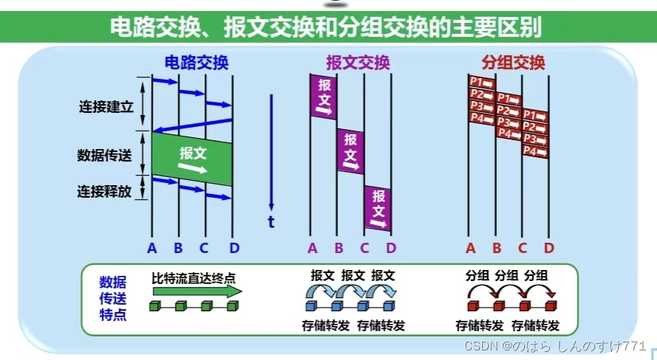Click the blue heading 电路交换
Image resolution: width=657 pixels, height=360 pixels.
[196, 63]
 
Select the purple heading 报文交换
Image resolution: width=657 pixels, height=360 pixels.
[357, 63]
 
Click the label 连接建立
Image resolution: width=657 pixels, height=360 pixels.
[106, 105]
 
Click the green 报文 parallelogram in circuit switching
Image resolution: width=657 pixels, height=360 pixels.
[193, 158]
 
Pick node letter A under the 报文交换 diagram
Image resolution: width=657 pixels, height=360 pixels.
[312, 247]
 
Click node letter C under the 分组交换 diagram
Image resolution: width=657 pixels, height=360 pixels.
[522, 247]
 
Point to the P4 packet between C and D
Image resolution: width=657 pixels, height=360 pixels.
[535, 150]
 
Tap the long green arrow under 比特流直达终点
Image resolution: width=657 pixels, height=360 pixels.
[196, 292]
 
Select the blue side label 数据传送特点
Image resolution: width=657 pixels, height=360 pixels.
[113, 298]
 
